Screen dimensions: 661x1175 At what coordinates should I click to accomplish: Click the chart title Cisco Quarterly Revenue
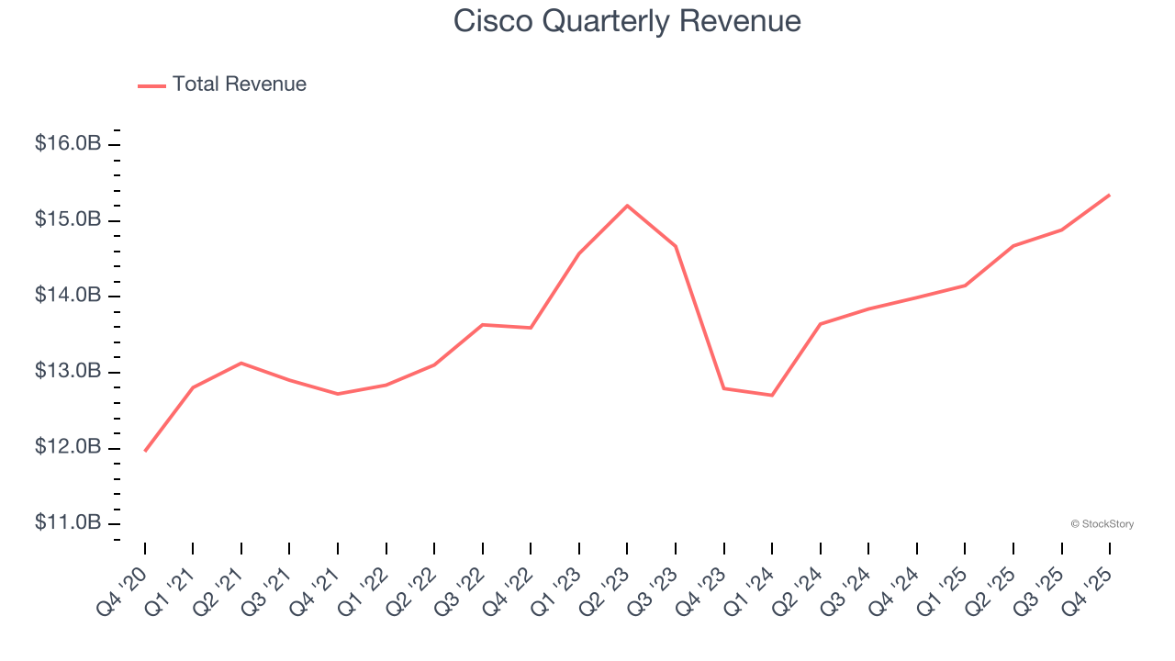point(627,21)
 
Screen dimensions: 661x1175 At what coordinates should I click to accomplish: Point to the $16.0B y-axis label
point(68,144)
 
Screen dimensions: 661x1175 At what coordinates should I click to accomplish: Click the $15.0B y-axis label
point(68,220)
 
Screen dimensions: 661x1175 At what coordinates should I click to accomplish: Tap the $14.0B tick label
point(68,296)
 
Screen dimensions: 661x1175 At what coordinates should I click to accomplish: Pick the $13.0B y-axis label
point(68,372)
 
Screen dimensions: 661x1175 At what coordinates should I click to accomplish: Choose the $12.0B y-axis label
point(68,448)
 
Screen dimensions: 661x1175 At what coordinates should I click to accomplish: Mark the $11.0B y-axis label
point(68,523)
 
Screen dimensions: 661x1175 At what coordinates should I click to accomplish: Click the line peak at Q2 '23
point(627,206)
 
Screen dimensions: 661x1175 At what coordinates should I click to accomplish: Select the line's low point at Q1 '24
point(772,395)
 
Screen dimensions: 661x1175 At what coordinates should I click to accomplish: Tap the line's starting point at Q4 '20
point(145,451)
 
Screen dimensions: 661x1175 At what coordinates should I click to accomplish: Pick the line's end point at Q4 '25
point(1110,195)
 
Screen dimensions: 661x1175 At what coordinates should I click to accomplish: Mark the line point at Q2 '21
point(241,363)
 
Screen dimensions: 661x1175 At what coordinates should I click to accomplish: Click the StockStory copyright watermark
point(1102,524)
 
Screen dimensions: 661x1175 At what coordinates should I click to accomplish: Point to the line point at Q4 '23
point(724,388)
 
